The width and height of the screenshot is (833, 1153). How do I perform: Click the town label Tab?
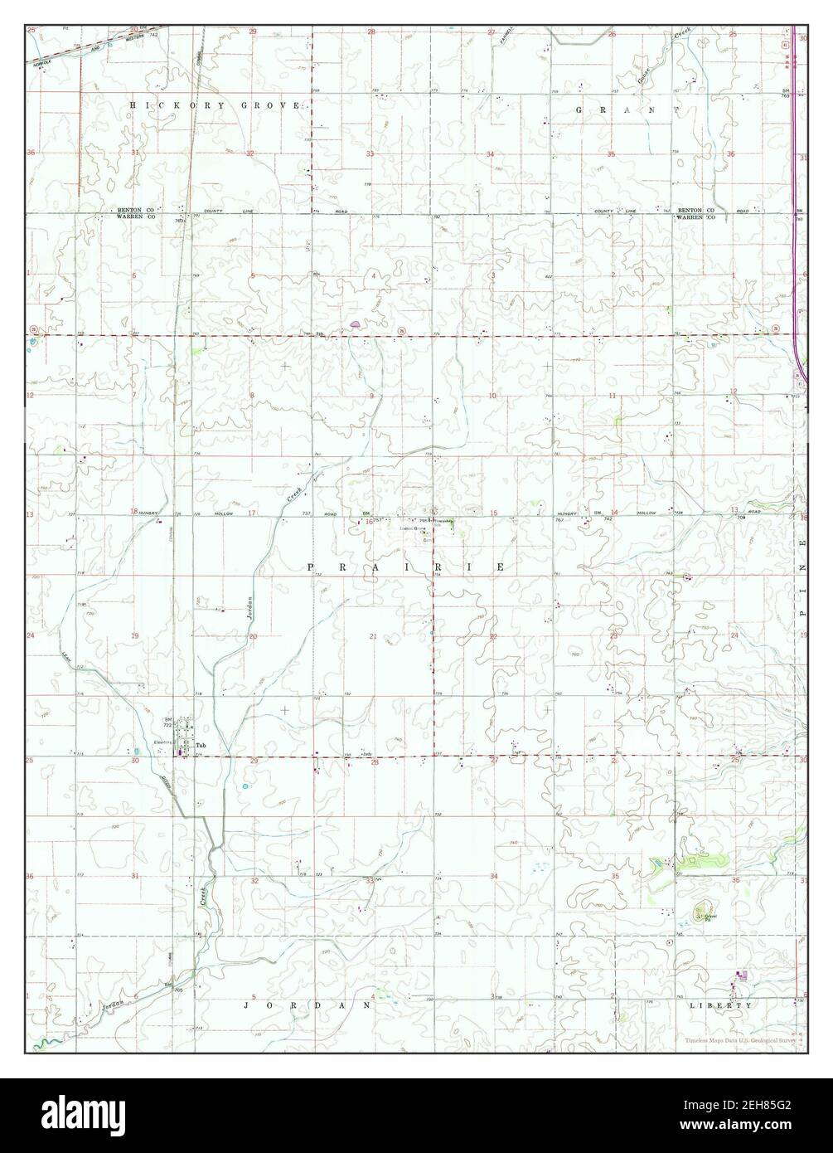(200, 745)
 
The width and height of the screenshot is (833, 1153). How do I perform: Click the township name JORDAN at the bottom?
(307, 1005)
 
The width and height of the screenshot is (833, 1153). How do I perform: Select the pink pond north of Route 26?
(355, 324)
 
